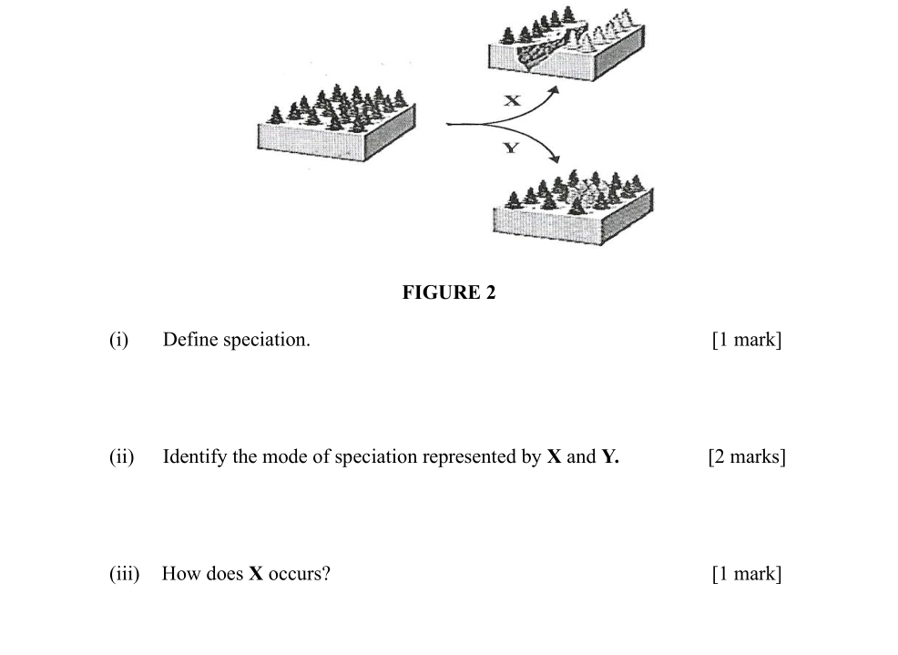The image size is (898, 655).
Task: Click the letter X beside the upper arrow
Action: coord(513,101)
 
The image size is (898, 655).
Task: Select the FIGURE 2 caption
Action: coord(448,292)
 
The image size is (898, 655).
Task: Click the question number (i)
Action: coord(118,340)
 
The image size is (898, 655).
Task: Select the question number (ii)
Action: coord(121,456)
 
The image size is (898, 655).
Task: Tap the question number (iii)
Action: coord(124,574)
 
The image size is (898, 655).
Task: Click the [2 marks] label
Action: coord(746,456)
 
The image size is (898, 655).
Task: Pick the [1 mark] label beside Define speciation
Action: coord(746,340)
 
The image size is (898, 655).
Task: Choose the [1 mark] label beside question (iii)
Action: coord(746,574)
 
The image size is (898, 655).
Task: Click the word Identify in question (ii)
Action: coord(195,456)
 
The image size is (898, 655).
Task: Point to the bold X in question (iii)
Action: coord(256,574)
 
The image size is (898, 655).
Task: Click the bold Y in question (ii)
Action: coord(608,456)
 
